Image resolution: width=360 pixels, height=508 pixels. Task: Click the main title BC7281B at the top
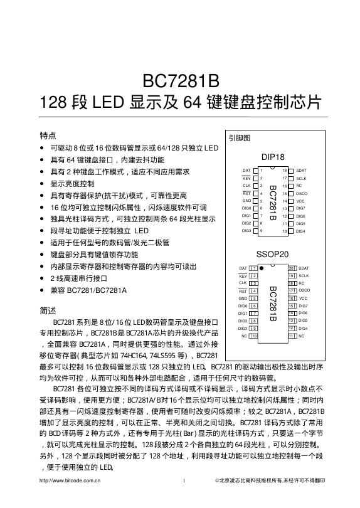pyautogui.click(x=180, y=82)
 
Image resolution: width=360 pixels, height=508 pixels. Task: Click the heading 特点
pyautogui.click(x=48, y=135)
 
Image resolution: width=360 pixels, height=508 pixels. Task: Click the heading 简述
pyautogui.click(x=48, y=310)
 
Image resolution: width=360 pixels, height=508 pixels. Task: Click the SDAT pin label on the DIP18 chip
pyautogui.click(x=301, y=171)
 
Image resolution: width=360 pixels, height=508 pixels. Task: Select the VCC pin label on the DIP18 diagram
pyautogui.click(x=300, y=201)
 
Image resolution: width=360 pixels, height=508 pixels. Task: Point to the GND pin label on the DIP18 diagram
pyautogui.click(x=246, y=201)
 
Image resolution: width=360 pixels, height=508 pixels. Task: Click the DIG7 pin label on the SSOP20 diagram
pyautogui.click(x=303, y=305)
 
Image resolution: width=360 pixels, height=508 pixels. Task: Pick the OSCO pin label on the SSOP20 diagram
pyautogui.click(x=304, y=290)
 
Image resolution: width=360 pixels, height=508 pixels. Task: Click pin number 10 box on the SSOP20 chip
pyautogui.click(x=254, y=336)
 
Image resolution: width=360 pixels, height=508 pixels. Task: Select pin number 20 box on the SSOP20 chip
pyautogui.click(x=291, y=268)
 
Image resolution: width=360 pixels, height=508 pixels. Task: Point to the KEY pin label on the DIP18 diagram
pyautogui.click(x=246, y=178)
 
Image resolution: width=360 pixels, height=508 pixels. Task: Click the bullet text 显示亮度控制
pyautogui.click(x=72, y=184)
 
